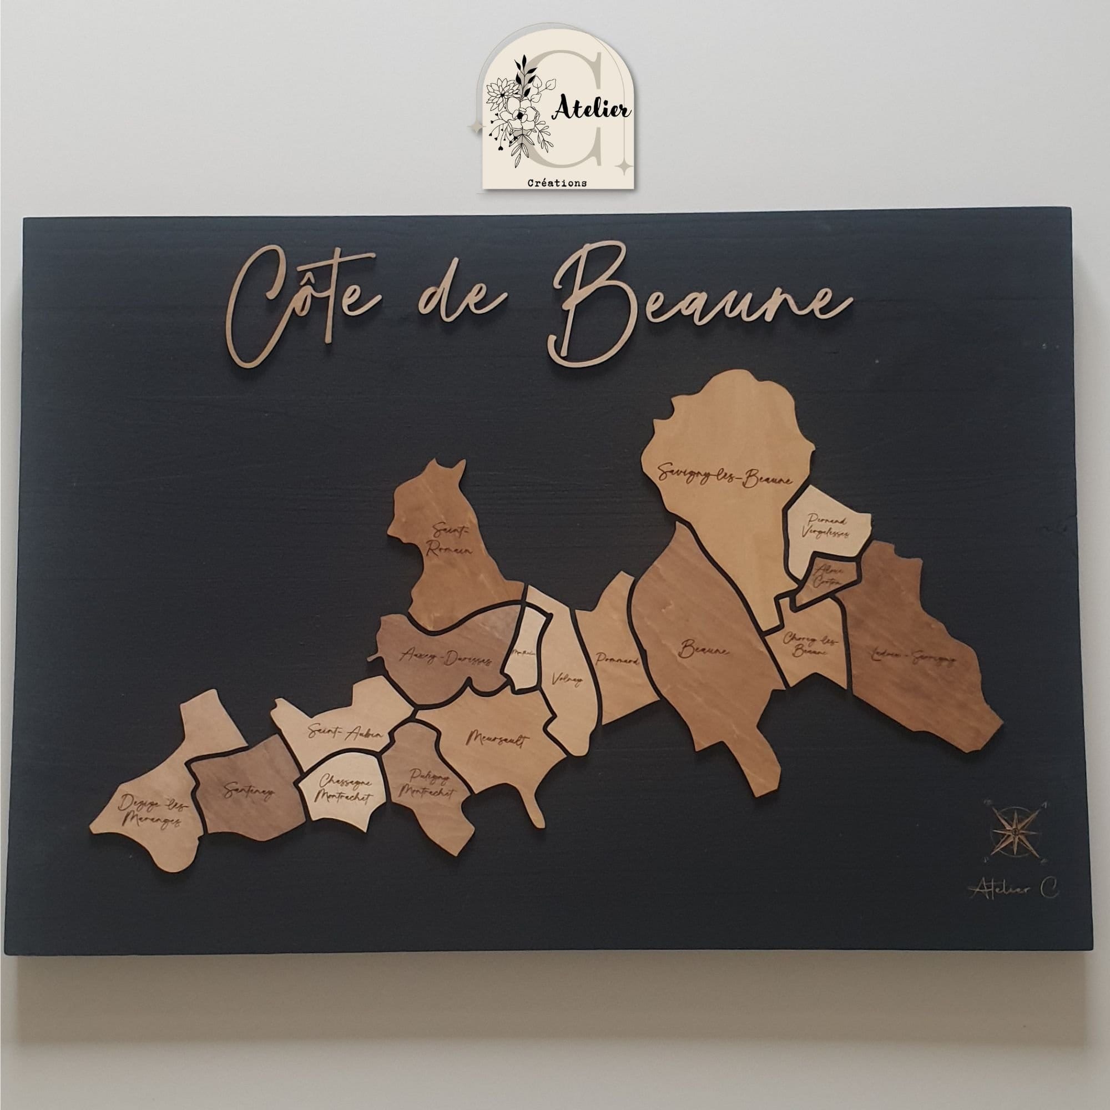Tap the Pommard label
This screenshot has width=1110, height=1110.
point(618,660)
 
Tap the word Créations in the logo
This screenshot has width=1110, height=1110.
point(557,183)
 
